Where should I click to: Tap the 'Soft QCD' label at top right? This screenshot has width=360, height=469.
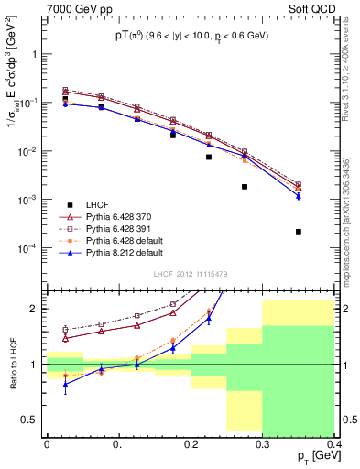312,9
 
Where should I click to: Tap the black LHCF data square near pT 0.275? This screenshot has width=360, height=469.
245,187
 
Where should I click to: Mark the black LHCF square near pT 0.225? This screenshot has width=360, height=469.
209,157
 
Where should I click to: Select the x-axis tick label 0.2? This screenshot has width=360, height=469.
191,444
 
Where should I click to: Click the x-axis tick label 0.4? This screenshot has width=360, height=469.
334,444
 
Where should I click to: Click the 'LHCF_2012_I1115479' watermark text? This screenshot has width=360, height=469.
191,275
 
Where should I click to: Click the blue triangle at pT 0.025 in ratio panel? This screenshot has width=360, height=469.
64,384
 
